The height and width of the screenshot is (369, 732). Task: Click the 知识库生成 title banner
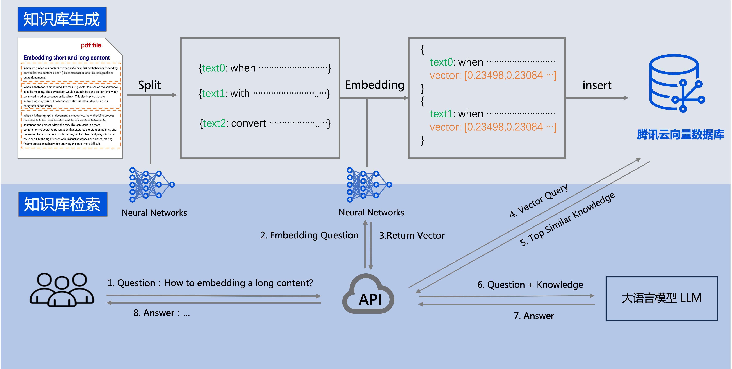(62, 19)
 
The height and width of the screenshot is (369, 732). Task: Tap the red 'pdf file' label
(91, 45)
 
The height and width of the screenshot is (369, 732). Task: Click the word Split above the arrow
(149, 85)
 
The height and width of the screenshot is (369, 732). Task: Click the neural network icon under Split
(152, 185)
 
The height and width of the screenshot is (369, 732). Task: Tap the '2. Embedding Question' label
(309, 235)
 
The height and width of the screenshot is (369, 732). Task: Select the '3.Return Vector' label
(412, 235)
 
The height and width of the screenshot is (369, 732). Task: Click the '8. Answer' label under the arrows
(161, 313)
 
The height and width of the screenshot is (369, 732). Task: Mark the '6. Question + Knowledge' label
(530, 285)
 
